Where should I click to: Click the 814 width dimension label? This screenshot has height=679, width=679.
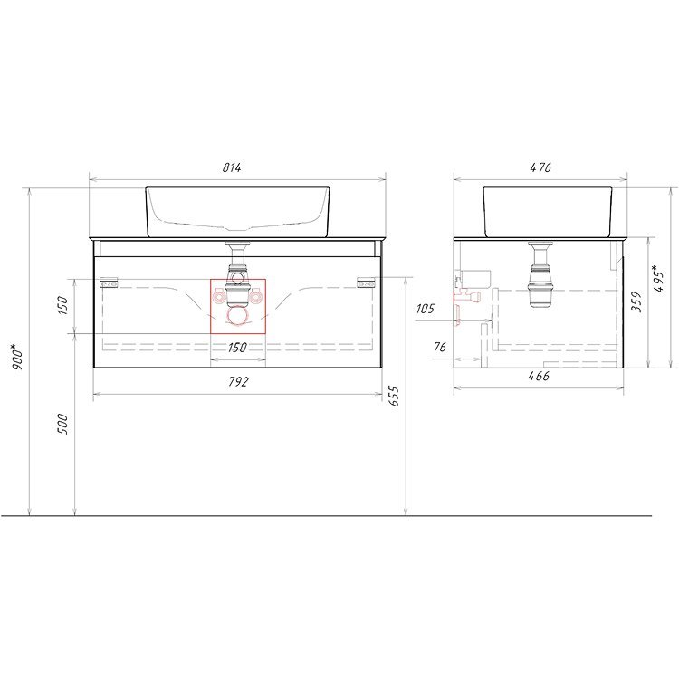coord(232,167)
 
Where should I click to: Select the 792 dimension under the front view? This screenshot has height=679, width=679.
coord(238,381)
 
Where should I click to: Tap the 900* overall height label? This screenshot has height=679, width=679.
coord(17,357)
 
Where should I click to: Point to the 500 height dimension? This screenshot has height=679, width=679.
coord(62,424)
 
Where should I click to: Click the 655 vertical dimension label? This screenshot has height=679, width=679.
coord(394,396)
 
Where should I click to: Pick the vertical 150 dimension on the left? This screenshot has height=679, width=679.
coord(62,305)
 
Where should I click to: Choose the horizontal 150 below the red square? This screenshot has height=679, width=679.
coord(237,348)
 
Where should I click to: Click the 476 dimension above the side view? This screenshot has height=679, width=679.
coord(540,167)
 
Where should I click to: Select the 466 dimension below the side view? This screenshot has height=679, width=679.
coord(539,376)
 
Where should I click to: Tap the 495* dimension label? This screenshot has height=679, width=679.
coord(659,280)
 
